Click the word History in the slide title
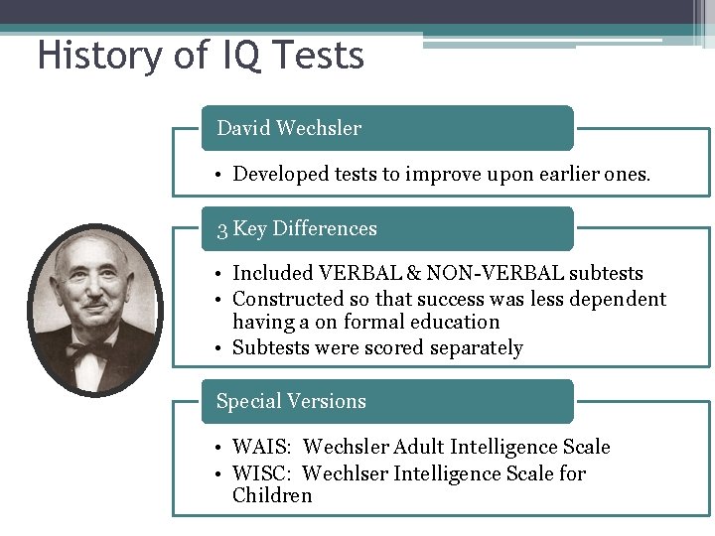pos(93,55)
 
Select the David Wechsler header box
pos(387,128)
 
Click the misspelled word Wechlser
pos(345,473)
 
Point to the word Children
pos(272,495)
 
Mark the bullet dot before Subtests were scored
pos(220,348)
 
